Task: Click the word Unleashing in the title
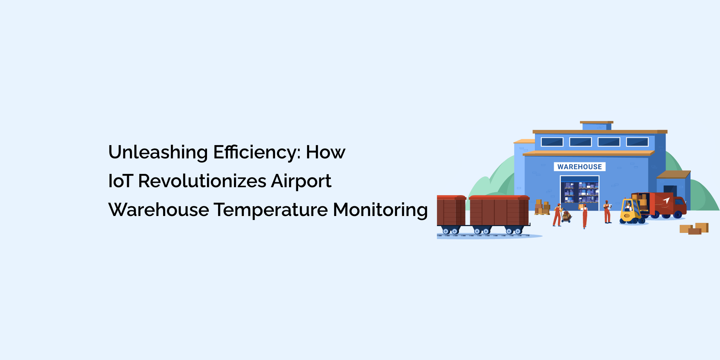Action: [158, 153]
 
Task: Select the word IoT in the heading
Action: [121, 181]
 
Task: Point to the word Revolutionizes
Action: [202, 181]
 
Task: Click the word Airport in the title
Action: [301, 181]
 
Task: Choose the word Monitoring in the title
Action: [380, 210]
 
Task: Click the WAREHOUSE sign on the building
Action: [580, 167]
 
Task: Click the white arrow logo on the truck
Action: [666, 201]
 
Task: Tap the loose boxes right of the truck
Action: [694, 229]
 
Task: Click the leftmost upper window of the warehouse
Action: [552, 142]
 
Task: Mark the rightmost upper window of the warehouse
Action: [637, 142]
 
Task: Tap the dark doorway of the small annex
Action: [670, 191]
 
